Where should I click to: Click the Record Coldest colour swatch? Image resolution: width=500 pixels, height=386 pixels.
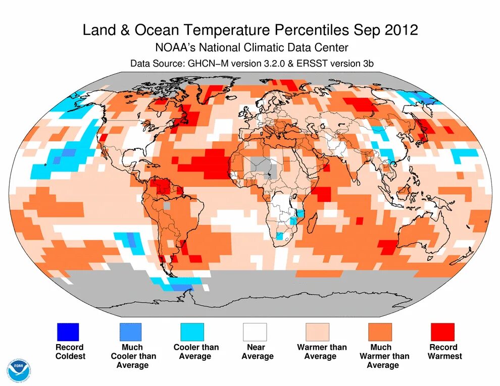(x=67, y=332)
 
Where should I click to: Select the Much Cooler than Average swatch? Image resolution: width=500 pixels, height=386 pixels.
(x=130, y=332)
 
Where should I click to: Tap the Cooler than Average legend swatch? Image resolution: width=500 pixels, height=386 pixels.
(x=192, y=332)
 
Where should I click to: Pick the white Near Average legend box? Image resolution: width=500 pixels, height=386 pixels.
(x=255, y=332)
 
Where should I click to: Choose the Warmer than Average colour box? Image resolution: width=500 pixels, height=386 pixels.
(x=317, y=332)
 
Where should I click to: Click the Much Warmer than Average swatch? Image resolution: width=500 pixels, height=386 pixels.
(x=380, y=332)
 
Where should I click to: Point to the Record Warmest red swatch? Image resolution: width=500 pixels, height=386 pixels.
(x=442, y=332)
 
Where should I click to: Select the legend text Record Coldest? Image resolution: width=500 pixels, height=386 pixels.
(x=70, y=352)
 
